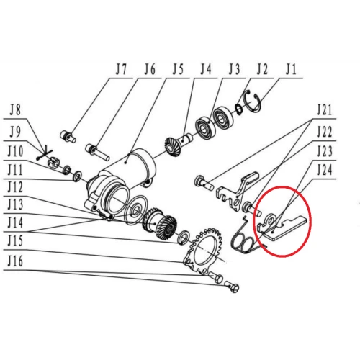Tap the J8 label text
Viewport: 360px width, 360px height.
tap(16, 112)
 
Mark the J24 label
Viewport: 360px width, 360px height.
tap(326, 171)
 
